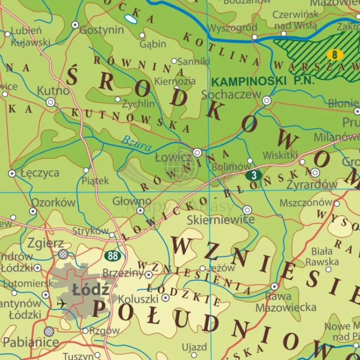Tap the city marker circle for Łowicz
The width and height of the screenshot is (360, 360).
(x=197, y=153)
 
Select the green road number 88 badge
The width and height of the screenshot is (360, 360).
(x=113, y=256)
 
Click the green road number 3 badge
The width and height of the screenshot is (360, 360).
(x=253, y=175)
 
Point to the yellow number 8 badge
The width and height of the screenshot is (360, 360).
(x=335, y=55)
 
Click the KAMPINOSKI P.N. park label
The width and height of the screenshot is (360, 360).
(x=263, y=81)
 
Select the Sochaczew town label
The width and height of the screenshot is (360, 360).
(x=231, y=95)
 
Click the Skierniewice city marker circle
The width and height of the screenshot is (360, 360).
(x=247, y=210)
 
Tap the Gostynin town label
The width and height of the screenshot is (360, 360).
(x=101, y=30)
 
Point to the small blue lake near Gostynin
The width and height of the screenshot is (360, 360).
(x=130, y=20)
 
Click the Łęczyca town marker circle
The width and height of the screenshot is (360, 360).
(x=12, y=173)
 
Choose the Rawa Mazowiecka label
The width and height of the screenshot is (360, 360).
(x=286, y=302)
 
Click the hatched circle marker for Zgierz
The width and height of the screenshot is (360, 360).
(x=63, y=254)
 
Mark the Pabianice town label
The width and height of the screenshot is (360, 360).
(x=30, y=342)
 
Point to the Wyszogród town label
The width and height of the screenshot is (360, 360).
(x=232, y=28)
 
